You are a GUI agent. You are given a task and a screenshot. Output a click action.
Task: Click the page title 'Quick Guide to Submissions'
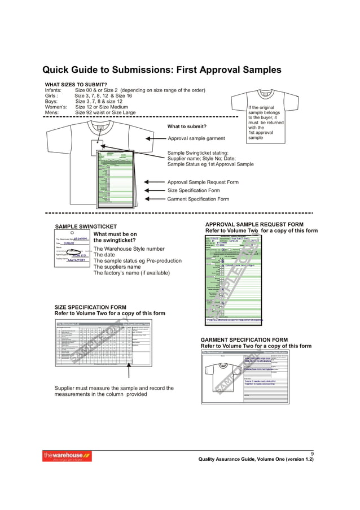(x=161, y=71)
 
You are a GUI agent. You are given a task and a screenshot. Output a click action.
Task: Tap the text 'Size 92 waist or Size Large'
(x=106, y=113)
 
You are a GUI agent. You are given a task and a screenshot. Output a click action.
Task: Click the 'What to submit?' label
(x=187, y=126)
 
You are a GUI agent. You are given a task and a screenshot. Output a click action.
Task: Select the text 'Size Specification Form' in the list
(x=193, y=191)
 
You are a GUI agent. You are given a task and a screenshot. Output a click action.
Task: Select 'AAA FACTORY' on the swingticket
(x=76, y=260)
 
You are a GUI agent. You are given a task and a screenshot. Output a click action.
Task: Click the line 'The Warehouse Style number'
(x=129, y=249)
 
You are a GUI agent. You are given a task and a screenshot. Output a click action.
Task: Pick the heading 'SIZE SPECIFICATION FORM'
(x=90, y=307)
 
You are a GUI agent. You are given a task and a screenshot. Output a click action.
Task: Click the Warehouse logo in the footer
(x=67, y=456)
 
